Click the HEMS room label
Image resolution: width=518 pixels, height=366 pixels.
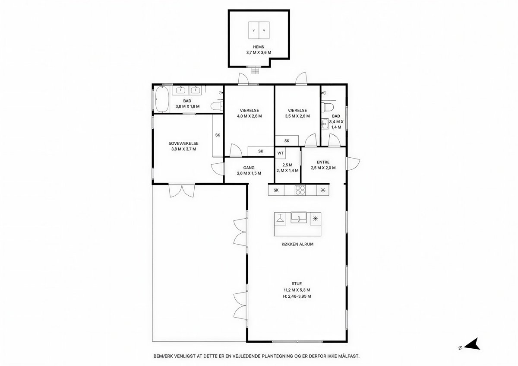(x=258, y=47)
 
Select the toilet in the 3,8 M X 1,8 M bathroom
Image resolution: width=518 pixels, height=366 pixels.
(x=217, y=106)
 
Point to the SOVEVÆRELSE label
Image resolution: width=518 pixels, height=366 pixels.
(x=183, y=143)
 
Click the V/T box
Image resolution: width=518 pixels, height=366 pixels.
(x=280, y=153)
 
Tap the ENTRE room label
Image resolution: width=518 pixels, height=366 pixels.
(x=323, y=162)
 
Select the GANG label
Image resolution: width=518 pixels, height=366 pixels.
(x=249, y=168)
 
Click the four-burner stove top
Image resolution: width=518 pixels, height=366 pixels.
(x=300, y=190)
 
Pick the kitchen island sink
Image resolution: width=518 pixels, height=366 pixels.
(x=299, y=217)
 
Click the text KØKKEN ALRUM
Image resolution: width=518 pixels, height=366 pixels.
(x=297, y=244)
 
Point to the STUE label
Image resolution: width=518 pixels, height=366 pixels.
(x=297, y=283)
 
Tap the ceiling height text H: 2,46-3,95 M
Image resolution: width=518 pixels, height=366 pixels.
(x=297, y=296)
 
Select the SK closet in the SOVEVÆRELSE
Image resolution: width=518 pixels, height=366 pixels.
(x=218, y=135)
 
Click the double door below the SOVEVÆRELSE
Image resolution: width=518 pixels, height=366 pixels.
(x=182, y=191)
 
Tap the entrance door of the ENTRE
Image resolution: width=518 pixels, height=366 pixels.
(x=353, y=164)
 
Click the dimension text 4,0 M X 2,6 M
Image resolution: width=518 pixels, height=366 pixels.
(x=250, y=116)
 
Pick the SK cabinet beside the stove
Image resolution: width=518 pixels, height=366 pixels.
(x=276, y=190)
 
